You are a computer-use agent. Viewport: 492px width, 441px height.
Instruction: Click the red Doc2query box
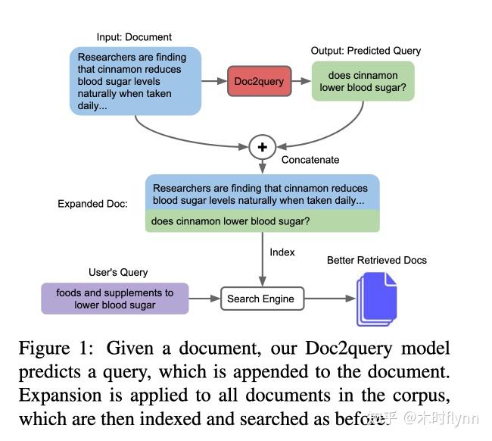pos(260,81)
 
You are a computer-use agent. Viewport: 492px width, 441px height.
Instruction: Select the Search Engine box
pos(261,299)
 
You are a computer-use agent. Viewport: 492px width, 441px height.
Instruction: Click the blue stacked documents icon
pos(376,299)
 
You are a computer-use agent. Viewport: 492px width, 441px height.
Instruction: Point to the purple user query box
pos(114,299)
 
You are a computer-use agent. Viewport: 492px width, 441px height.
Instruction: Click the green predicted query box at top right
pos(363,81)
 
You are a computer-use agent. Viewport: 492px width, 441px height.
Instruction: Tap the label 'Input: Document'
pos(134,36)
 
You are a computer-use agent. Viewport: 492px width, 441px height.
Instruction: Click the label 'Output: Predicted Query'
pos(366,51)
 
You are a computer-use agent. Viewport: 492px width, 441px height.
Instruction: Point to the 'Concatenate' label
pos(310,160)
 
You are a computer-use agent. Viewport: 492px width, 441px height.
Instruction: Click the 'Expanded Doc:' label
pos(92,204)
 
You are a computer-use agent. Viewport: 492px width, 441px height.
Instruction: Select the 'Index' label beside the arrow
pos(282,252)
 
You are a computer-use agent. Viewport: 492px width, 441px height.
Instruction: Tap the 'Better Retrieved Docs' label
pos(376,260)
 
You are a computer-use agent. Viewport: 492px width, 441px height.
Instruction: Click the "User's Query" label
pos(118,272)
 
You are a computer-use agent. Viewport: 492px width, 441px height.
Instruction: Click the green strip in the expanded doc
pos(262,221)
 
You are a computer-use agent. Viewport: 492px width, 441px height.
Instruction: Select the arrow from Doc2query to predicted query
pos(302,81)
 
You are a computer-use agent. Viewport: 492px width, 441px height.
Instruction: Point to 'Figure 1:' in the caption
pos(58,349)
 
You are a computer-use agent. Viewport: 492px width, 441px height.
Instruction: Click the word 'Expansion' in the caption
pos(58,396)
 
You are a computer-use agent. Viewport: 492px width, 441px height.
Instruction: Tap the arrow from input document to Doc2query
pos(214,81)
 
